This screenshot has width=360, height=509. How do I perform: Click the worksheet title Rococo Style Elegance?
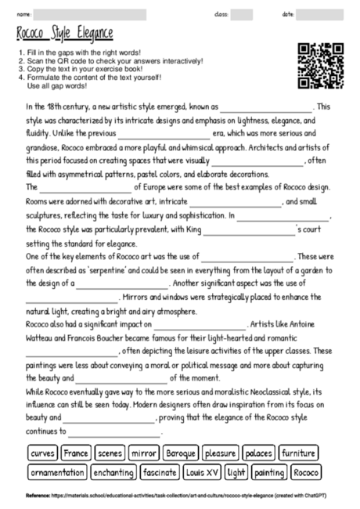[64, 34]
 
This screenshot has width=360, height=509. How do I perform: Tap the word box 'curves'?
[43, 453]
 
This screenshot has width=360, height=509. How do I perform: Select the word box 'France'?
[77, 453]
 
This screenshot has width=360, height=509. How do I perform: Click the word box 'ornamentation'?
[57, 472]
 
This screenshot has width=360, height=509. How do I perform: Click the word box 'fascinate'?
[160, 472]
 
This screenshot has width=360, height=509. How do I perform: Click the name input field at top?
[90, 14]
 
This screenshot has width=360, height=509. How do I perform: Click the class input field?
[242, 14]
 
